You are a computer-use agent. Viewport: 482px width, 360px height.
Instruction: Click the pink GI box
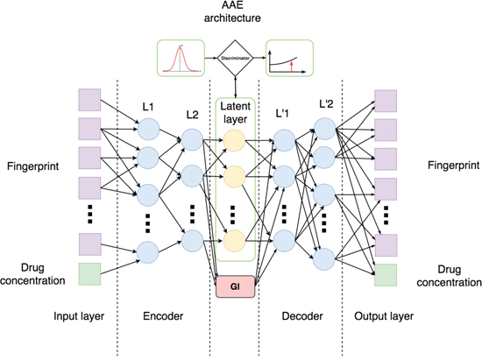236,286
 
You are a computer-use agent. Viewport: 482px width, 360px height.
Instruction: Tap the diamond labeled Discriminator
235,58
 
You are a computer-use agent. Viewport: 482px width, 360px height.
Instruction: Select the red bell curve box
181,58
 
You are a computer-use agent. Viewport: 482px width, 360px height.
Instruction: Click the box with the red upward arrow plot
289,58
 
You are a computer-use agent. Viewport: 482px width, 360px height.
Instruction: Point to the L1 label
148,107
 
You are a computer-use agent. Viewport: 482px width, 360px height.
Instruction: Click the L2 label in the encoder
192,115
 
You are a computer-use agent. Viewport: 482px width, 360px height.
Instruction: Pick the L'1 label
282,114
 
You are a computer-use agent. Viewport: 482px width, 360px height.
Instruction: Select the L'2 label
326,104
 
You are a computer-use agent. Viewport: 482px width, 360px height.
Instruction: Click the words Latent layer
235,112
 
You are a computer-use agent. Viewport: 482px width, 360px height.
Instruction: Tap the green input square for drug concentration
89,274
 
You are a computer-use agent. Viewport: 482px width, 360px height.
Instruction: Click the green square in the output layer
386,275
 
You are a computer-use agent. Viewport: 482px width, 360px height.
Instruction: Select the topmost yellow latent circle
234,141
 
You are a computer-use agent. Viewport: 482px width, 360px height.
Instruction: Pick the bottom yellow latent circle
234,241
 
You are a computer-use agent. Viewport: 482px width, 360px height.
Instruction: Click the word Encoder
163,316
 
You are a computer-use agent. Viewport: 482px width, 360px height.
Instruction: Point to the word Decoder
302,316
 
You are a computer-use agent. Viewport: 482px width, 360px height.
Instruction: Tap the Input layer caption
79,316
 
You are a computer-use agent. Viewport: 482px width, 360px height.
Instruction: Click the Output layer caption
384,316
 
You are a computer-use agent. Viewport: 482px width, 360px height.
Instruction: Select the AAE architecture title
232,12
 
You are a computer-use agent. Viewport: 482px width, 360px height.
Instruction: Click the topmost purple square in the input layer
89,100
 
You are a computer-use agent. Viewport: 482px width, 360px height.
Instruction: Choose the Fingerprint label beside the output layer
453,166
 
